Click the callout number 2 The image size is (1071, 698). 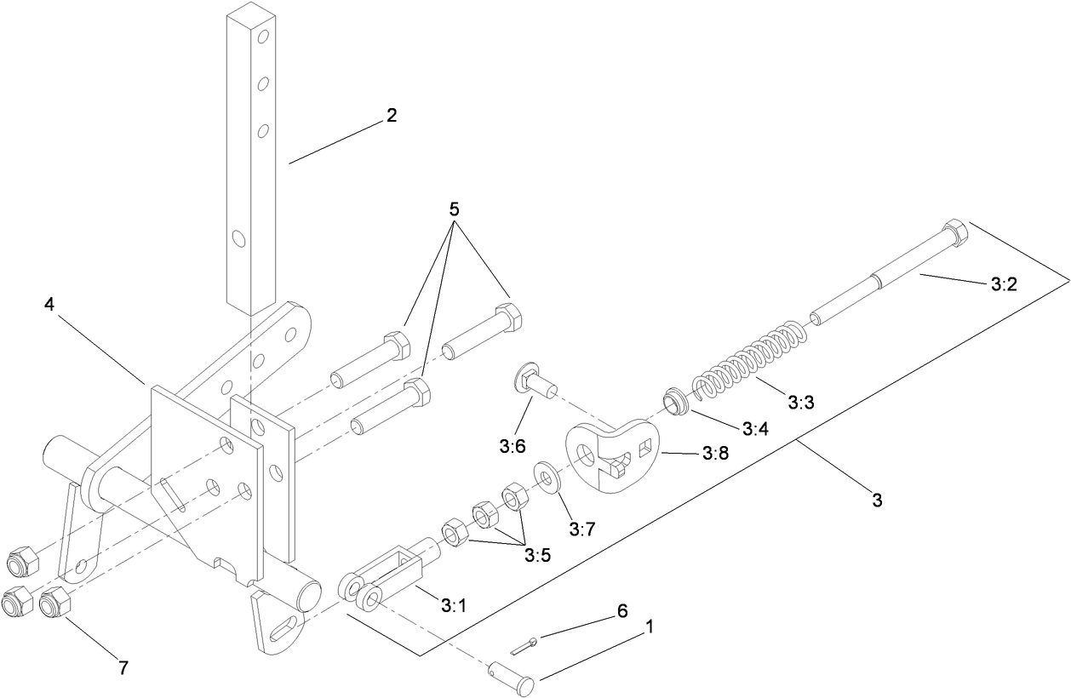pos(391,116)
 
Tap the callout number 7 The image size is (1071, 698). pos(123,668)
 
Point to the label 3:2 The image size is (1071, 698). pos(1005,286)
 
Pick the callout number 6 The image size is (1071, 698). pos(622,611)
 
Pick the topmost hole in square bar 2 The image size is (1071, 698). pos(263,37)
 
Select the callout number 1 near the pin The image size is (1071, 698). pos(650,628)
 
